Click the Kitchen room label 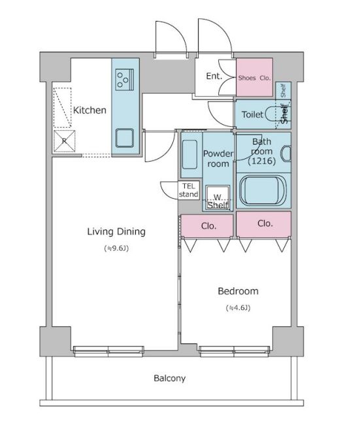(90, 110)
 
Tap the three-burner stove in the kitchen (124, 79)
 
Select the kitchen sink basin (124, 138)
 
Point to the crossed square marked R (64, 141)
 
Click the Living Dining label (116, 232)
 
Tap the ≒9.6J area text (116, 249)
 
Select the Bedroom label (238, 291)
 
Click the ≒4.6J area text (238, 307)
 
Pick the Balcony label (169, 378)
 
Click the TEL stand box (189, 190)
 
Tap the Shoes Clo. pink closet (254, 77)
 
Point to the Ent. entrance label (214, 76)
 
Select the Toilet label (252, 114)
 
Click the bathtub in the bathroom (263, 190)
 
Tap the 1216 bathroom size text (262, 161)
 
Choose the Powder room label (218, 158)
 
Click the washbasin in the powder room (189, 154)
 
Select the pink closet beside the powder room (207, 226)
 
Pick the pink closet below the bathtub (264, 224)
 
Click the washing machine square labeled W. (218, 197)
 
